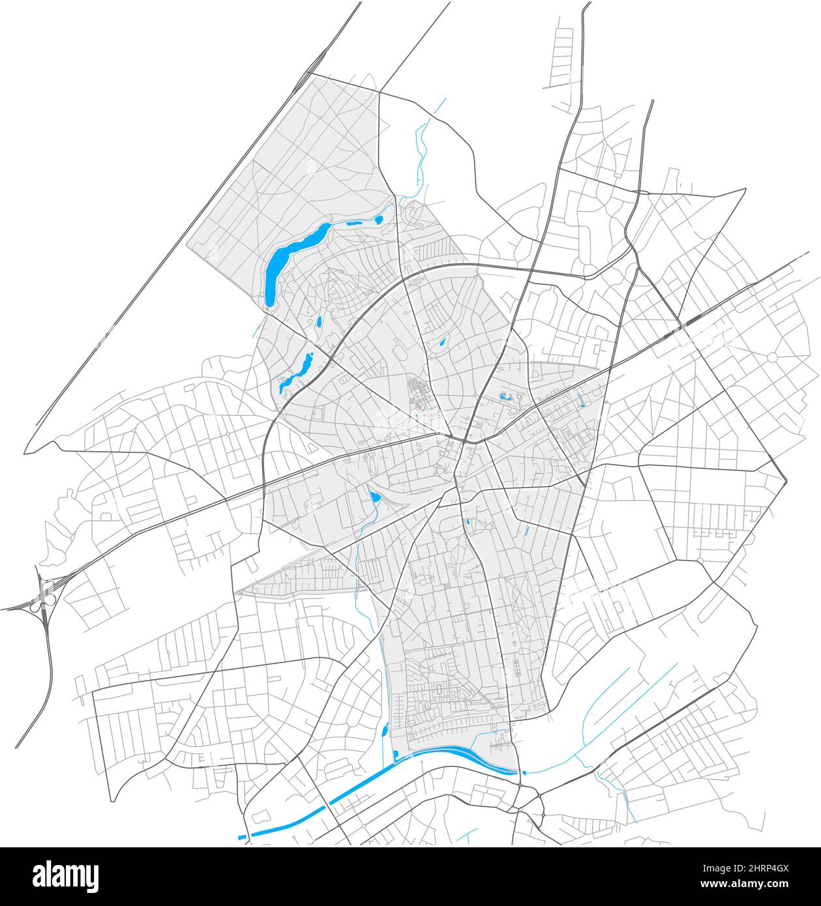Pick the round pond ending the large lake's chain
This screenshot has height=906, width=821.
(x=378, y=220)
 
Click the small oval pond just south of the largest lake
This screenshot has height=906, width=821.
(x=319, y=321)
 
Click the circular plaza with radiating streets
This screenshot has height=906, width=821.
(x=773, y=357)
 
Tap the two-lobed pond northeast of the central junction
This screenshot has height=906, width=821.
(x=505, y=396)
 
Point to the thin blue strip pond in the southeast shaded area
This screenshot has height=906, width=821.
(x=527, y=531)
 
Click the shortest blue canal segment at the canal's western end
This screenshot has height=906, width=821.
(x=243, y=836)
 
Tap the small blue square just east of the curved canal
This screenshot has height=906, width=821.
(x=522, y=773)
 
